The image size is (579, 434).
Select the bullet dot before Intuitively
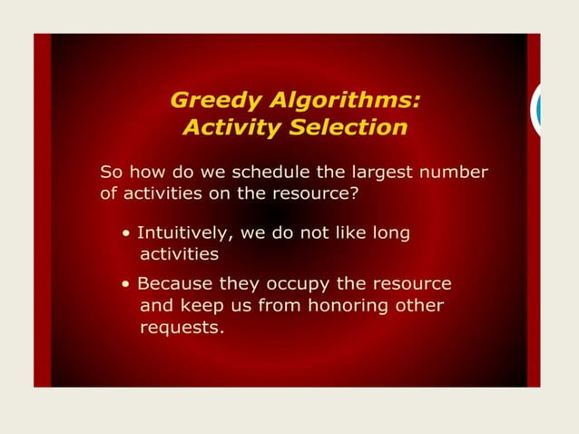click(x=126, y=234)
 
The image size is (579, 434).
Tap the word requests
click(x=181, y=328)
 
